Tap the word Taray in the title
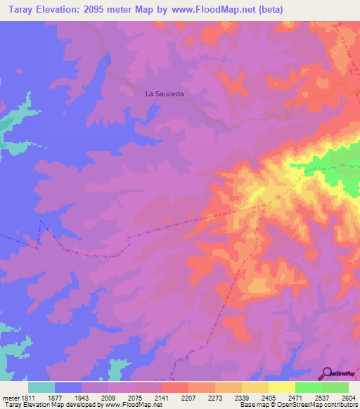pos(18,9)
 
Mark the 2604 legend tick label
pos(348,398)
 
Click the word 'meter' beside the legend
pos(10,398)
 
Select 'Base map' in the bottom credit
pos(252,405)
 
